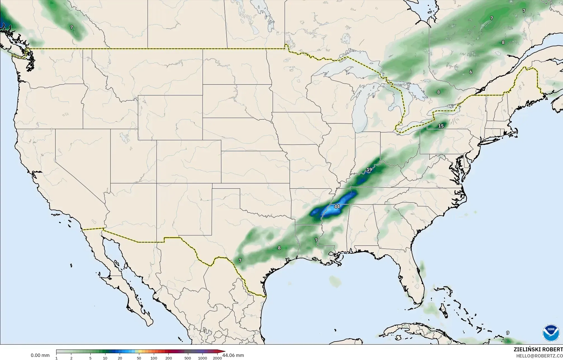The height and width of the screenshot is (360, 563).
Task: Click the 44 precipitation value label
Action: [337, 207]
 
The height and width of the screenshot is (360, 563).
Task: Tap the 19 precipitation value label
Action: [369, 170]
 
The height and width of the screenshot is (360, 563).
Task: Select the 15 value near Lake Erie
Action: [441, 126]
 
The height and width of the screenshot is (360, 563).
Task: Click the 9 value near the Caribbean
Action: [508, 333]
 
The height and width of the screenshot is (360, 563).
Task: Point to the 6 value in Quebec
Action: [471, 72]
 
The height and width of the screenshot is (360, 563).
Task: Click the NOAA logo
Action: [551, 333]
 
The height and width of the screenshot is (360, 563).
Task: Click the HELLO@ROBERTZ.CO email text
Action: [539, 356]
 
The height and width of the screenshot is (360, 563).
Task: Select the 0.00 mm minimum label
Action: [40, 356]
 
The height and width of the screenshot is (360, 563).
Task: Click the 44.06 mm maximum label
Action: [233, 356]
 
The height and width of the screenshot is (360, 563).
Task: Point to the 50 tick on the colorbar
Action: [139, 358]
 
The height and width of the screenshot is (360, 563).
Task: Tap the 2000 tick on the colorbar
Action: [217, 358]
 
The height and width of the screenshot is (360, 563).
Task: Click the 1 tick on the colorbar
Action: [56, 358]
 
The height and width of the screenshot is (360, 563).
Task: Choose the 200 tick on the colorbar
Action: [168, 358]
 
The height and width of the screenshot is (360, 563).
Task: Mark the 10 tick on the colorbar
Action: [105, 358]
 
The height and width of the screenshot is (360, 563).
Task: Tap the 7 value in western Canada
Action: [72, 27]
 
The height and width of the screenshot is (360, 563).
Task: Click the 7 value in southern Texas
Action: [240, 260]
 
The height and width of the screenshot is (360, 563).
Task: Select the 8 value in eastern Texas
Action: [279, 248]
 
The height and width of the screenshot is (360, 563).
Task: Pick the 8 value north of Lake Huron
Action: [438, 92]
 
